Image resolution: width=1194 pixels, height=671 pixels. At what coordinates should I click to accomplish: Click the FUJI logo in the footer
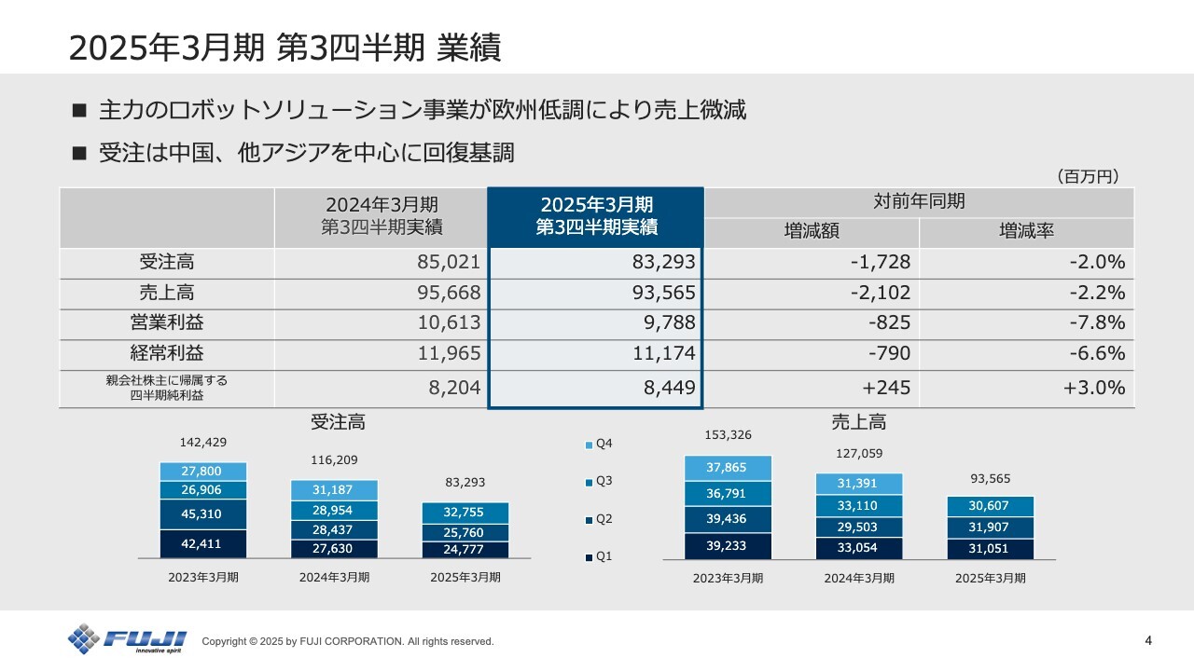tap(127, 639)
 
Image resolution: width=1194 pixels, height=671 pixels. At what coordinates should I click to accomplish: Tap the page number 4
tap(1147, 640)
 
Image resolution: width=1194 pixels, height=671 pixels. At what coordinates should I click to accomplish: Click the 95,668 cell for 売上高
tap(382, 293)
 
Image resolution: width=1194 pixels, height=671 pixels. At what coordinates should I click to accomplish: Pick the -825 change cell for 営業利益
tap(811, 323)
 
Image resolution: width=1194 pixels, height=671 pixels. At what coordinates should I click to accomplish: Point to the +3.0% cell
tap(1026, 388)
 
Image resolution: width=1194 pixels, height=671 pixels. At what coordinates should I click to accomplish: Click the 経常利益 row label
tap(167, 354)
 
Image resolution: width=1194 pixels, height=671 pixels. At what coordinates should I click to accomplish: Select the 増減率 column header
tap(1026, 232)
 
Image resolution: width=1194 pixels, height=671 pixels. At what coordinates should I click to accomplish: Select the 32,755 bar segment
tap(465, 513)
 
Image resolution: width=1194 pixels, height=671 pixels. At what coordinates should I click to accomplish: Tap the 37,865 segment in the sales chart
tap(728, 468)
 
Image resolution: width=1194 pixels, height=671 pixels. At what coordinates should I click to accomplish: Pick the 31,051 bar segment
tap(990, 549)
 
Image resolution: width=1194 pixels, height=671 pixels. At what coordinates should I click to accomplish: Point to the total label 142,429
tap(202, 442)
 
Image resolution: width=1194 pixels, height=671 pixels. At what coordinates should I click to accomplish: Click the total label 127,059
tap(858, 454)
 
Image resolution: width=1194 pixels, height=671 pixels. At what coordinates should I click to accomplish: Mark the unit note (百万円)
tap(1087, 176)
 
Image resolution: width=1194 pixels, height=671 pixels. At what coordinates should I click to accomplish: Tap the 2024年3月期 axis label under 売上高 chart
tap(858, 578)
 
